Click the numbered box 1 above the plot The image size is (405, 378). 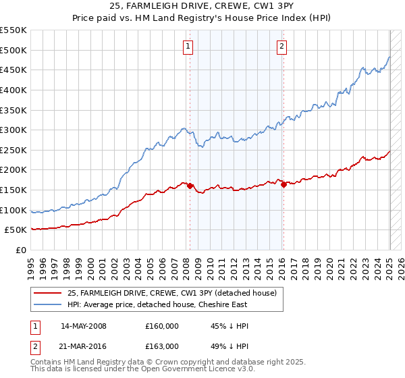click(x=187, y=47)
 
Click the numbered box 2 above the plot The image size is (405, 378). click(x=281, y=47)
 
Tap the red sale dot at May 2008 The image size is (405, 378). click(x=190, y=186)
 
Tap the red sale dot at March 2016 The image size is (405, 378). click(x=283, y=184)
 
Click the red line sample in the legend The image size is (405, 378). click(x=48, y=293)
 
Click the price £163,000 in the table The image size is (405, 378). click(x=162, y=346)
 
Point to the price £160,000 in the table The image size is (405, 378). click(x=162, y=326)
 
